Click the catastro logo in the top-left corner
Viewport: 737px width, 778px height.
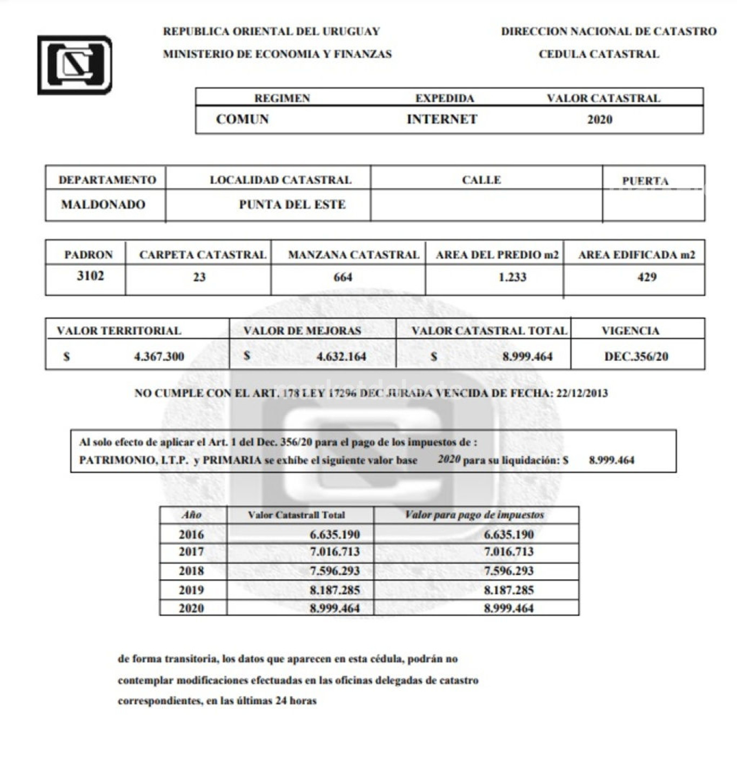pos(75,65)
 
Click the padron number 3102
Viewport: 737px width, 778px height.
pos(90,276)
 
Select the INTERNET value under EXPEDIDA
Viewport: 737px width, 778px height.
pos(442,119)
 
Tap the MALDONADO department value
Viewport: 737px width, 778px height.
pos(103,204)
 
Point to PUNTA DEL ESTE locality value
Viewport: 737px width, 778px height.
pos(292,204)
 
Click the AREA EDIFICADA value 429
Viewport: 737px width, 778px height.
pos(647,277)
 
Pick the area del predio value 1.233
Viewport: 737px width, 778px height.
pos(512,277)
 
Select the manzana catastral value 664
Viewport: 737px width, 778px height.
pos(343,277)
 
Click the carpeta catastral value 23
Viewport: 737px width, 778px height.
pos(199,277)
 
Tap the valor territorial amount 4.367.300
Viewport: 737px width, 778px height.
pos(159,357)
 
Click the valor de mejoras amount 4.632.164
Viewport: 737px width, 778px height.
pos(341,357)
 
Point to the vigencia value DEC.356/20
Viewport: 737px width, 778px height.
pos(636,357)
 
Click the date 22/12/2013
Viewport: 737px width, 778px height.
pos(581,393)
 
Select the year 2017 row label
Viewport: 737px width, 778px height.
pos(191,552)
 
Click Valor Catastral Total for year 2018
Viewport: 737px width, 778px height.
pos(334,571)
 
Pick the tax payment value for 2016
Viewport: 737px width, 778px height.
pos(508,534)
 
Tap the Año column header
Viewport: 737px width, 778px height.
pos(191,515)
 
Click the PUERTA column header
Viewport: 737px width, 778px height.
pos(645,180)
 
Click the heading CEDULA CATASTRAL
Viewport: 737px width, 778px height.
pos(599,54)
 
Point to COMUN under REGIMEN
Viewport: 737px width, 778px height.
pos(242,119)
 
